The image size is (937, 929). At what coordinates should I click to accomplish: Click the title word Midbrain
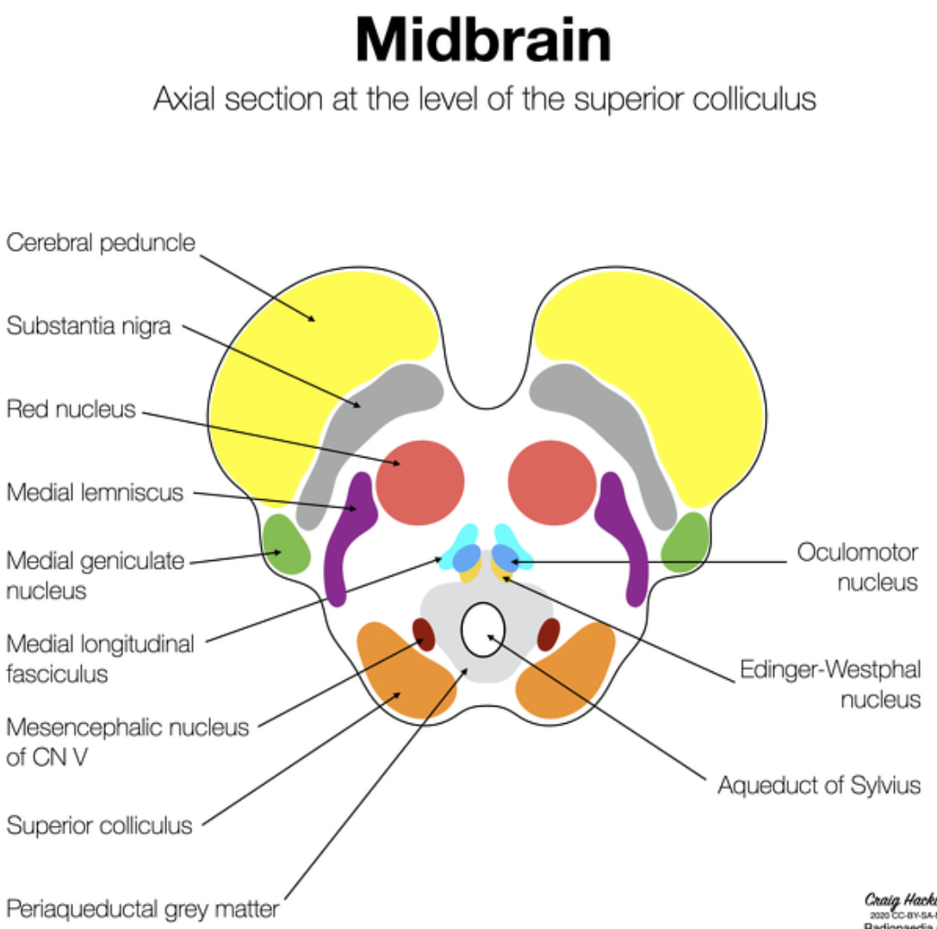pos(483,41)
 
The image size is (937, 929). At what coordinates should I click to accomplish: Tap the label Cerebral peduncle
pos(101,243)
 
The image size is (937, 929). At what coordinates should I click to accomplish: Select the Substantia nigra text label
pos(89,327)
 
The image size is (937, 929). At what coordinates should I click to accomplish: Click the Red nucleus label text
pos(71,408)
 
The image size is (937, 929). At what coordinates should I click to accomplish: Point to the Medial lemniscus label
pos(95,492)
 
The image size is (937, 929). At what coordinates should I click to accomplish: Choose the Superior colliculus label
pos(99,825)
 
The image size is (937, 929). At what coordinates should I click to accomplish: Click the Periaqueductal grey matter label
pos(142,908)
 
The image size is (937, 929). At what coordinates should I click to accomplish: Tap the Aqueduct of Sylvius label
pos(819,785)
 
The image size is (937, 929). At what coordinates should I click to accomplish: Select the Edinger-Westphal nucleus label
pos(830,683)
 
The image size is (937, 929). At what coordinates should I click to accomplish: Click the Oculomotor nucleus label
pos(857,566)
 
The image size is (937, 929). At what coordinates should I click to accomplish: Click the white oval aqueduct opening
pos(482,629)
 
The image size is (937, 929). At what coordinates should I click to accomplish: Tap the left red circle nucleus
pos(419,482)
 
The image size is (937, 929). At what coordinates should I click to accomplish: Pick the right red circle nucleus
pos(552,482)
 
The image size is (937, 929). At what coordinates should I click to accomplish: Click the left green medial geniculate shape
pos(288,544)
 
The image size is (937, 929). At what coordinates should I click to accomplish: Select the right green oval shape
pos(686,541)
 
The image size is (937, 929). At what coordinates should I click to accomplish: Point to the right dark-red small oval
pos(548,634)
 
